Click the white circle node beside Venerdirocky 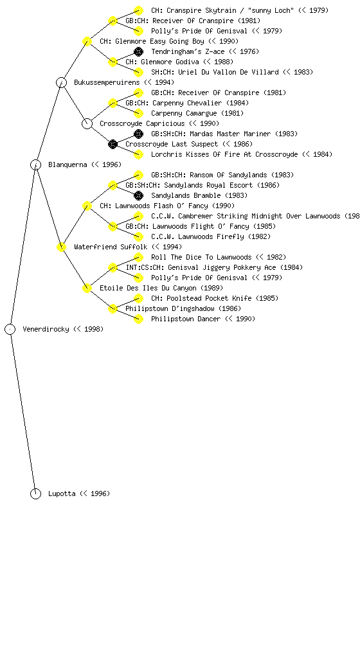(10, 329)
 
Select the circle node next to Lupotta (35, 493)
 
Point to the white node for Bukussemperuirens (61, 82)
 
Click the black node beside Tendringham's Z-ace (138, 51)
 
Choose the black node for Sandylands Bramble (138, 195)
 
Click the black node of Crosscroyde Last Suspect (113, 144)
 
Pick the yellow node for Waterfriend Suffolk (61, 247)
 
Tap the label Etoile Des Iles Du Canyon (161, 288)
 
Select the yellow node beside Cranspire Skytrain (138, 10)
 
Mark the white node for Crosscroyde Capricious (87, 123)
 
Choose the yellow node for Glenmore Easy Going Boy (87, 41)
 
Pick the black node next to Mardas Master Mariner (138, 134)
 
